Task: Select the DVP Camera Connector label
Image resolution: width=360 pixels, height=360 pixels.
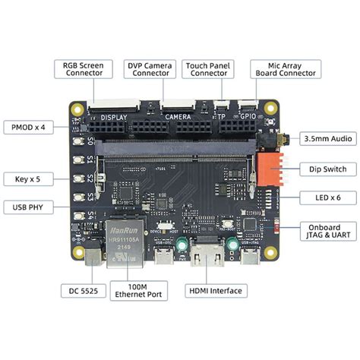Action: [x=151, y=70]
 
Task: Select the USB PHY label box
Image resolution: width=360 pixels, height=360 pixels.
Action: [x=31, y=207]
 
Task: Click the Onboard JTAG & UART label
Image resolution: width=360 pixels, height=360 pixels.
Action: [x=327, y=231]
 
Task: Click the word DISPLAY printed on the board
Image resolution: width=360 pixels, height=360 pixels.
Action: [x=113, y=118]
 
